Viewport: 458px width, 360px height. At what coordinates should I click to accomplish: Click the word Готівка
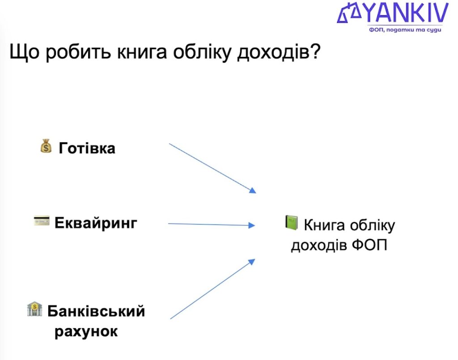[87, 148]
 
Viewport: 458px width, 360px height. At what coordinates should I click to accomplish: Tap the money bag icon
[46, 146]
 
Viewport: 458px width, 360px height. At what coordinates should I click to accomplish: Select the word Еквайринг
[96, 223]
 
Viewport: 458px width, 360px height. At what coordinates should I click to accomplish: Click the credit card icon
[42, 221]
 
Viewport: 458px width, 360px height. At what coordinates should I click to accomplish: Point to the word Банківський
[96, 311]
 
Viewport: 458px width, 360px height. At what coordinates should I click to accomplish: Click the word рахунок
[86, 332]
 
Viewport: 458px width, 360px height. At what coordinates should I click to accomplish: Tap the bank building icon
[34, 309]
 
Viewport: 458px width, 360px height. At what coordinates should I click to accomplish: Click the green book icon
[291, 222]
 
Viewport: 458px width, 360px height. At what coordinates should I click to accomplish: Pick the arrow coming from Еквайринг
[211, 224]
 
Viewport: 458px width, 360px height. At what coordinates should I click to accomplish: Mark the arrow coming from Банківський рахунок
[212, 289]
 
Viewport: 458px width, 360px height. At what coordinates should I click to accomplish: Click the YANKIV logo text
[405, 13]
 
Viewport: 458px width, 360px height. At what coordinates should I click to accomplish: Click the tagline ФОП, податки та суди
[405, 30]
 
